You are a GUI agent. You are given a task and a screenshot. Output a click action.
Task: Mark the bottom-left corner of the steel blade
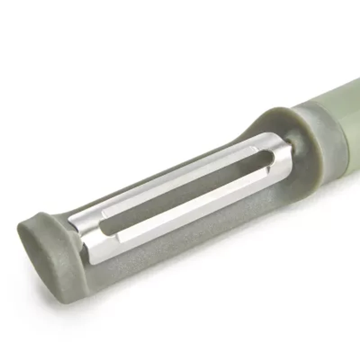tap(92, 261)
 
